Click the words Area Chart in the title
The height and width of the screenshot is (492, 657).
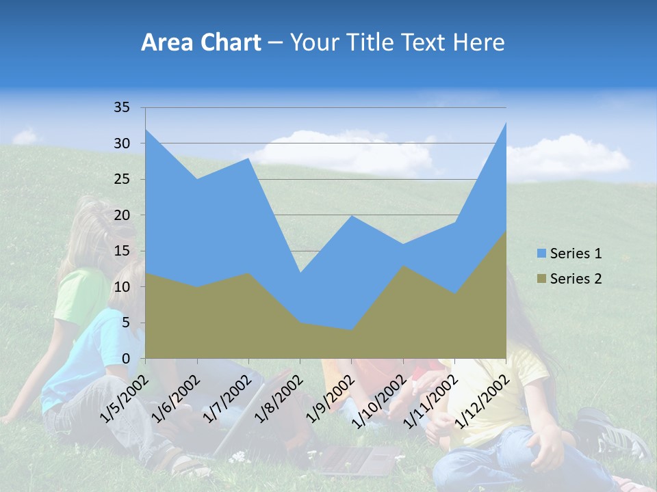click(201, 43)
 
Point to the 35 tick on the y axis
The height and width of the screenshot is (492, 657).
click(122, 107)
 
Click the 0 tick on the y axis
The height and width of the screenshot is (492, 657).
click(126, 359)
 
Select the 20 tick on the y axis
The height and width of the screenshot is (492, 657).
click(122, 215)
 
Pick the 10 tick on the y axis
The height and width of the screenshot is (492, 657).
click(122, 287)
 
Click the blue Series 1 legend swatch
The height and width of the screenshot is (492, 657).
click(542, 254)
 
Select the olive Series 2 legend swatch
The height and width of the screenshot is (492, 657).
click(542, 278)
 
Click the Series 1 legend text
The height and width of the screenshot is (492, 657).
click(576, 254)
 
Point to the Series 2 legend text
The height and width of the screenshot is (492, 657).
click(576, 278)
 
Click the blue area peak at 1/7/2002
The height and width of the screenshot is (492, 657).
click(248, 159)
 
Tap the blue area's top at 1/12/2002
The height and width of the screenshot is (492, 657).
click(505, 124)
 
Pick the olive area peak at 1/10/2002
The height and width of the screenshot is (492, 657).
click(402, 266)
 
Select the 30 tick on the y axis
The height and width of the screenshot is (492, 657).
click(122, 143)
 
